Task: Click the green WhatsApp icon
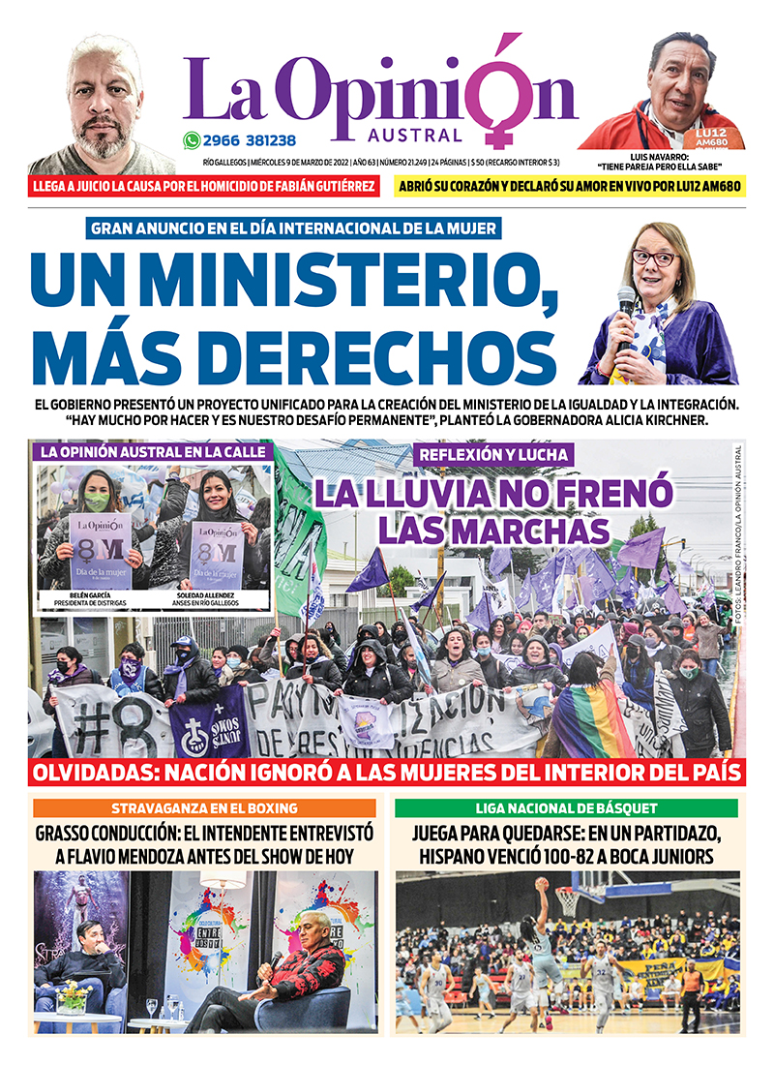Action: [192, 140]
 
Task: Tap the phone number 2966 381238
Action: [248, 140]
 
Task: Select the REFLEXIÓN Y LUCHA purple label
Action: [493, 454]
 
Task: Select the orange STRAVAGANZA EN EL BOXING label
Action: [203, 807]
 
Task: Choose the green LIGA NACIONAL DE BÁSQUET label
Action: [566, 807]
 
